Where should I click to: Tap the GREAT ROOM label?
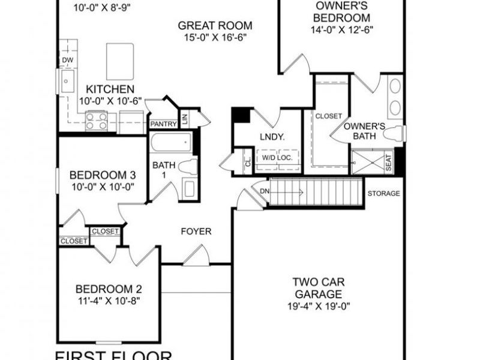pos(215,26)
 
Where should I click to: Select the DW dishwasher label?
pos(67,61)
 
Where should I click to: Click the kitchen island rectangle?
pos(119,61)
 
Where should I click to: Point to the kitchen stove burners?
pos(96,121)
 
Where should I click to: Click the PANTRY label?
pos(163,124)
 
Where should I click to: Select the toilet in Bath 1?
pos(188,167)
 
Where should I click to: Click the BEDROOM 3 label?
pos(103,175)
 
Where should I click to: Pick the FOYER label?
pos(196,231)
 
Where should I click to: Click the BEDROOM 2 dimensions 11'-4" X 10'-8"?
pos(108,300)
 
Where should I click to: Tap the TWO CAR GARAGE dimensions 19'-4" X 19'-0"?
pos(318,306)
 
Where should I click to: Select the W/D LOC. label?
pos(277,158)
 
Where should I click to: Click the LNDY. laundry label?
pos(271,136)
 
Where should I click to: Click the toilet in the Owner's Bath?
pos(393,133)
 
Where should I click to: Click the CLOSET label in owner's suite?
pos(329,116)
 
